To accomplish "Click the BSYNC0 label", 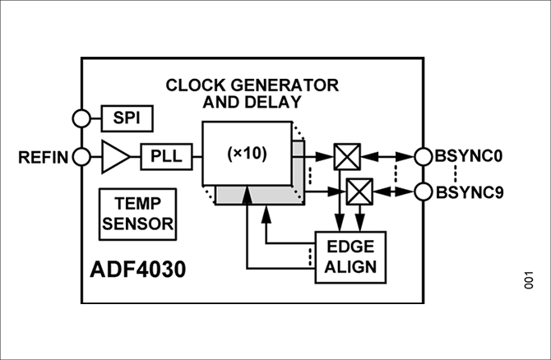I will coord(469,156).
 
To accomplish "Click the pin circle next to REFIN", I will coord(82,156).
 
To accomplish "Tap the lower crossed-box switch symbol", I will coord(359,193).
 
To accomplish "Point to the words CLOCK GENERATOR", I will coord(252,85).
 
